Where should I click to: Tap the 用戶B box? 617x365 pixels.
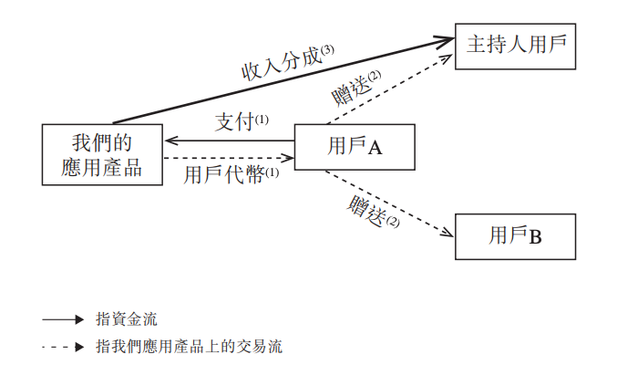click(x=516, y=237)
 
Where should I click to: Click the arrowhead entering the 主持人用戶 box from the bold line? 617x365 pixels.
click(x=447, y=39)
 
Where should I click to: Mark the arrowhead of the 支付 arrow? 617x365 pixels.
click(x=170, y=141)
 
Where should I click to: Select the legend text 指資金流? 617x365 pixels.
click(x=127, y=319)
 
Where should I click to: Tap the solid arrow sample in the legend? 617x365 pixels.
click(x=63, y=320)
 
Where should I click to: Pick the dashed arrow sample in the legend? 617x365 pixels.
click(x=63, y=347)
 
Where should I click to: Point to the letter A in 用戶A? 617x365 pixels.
click(x=374, y=147)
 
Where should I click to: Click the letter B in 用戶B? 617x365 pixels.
click(x=536, y=238)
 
